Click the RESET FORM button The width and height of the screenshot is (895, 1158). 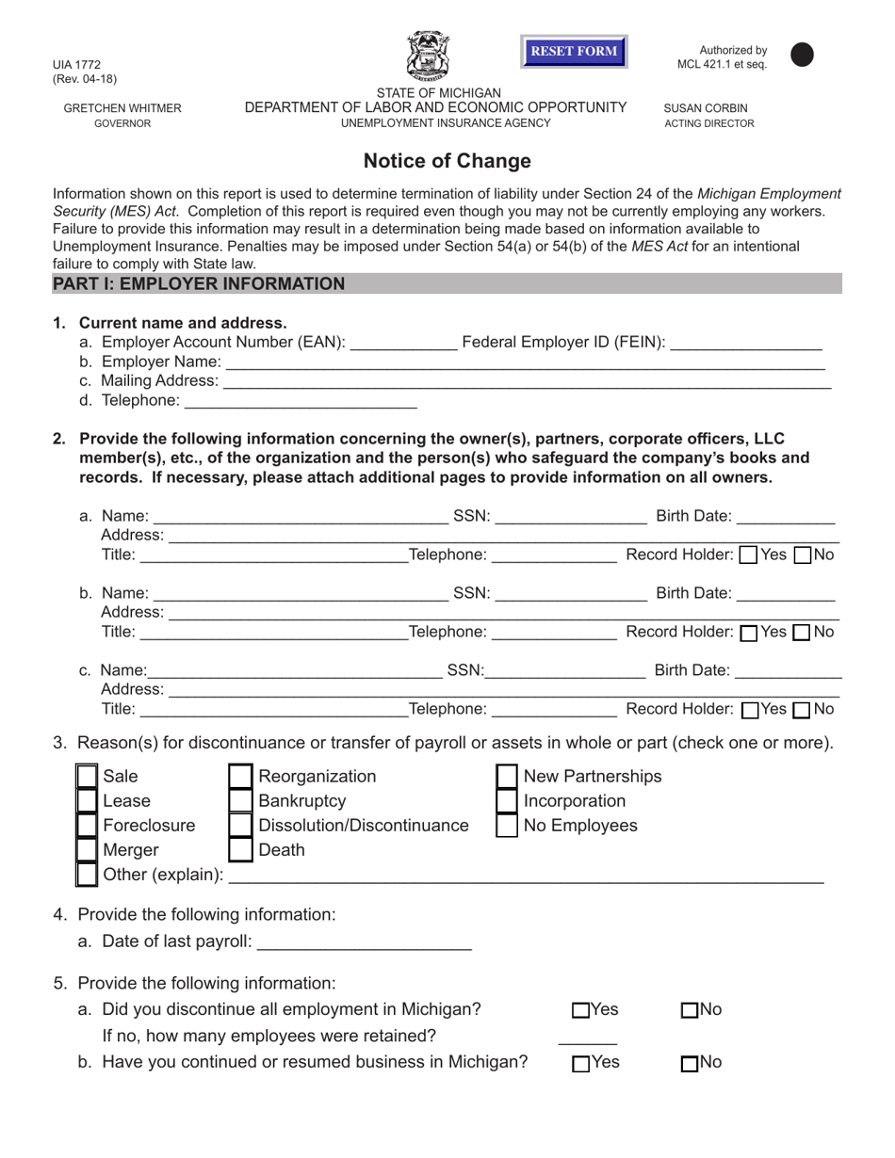[x=574, y=51]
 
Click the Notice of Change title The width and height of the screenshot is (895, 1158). [x=447, y=161]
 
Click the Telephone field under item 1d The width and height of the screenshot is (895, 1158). [x=300, y=402]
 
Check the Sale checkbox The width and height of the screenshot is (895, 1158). [x=87, y=777]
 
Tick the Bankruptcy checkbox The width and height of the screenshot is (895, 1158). [x=241, y=801]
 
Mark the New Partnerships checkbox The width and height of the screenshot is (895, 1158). [x=507, y=777]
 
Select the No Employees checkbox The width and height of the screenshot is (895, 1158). [x=507, y=826]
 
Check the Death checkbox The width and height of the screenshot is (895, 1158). [x=241, y=850]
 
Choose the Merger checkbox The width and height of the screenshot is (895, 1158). [x=87, y=850]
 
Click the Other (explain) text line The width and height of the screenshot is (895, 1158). [x=526, y=876]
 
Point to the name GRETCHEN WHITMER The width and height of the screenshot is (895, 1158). [x=122, y=108]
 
